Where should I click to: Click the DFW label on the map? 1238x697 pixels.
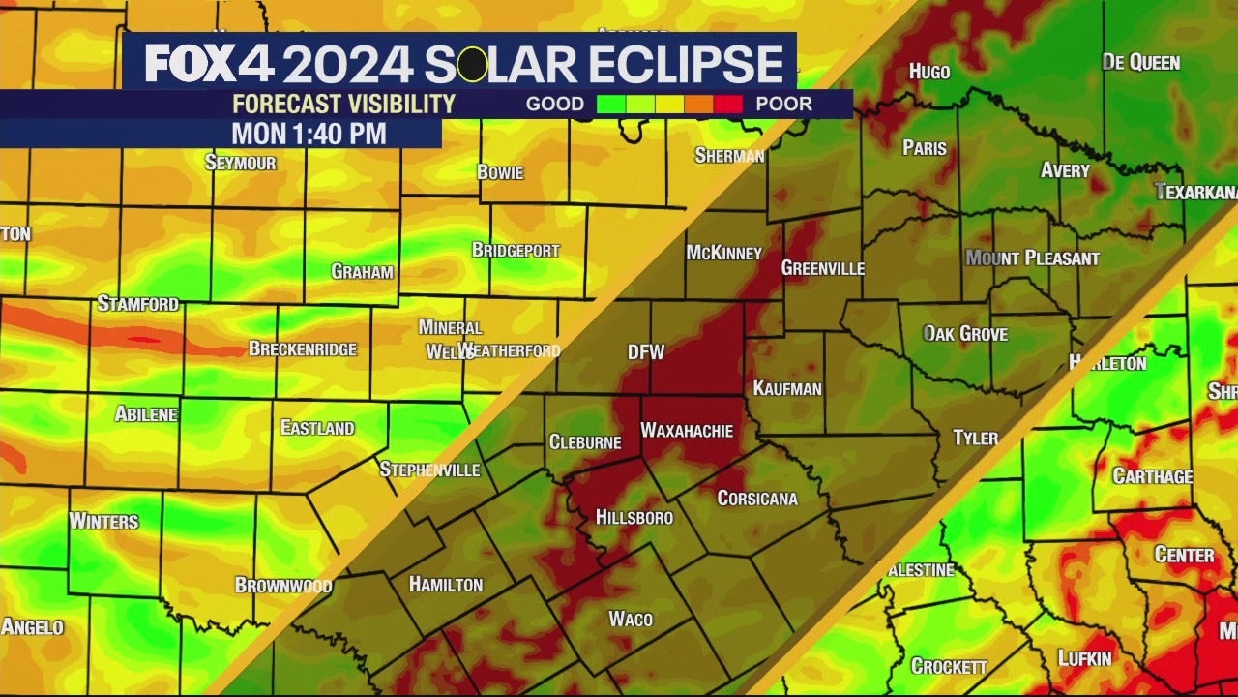[646, 352]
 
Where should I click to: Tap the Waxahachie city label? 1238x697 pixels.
[687, 431]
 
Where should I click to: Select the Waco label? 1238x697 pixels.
[631, 619]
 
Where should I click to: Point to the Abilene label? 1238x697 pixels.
[146, 414]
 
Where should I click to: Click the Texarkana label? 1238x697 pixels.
[1196, 192]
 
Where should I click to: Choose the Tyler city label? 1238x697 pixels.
[975, 438]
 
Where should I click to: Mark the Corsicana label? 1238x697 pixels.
[757, 498]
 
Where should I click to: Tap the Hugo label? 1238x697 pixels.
[928, 72]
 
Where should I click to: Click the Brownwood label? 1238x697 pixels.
[283, 585]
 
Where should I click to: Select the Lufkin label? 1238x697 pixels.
[1084, 658]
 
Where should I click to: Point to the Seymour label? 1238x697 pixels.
[240, 163]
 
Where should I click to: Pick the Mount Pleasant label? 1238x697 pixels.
[1032, 258]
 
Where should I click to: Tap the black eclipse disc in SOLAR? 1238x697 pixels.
[472, 65]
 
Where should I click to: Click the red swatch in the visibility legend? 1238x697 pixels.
[728, 104]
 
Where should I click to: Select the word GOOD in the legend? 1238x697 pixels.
[554, 104]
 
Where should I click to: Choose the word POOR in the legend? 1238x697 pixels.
[783, 104]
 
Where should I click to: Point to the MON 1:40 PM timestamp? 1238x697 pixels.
[309, 134]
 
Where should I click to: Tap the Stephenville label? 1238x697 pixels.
[429, 470]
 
